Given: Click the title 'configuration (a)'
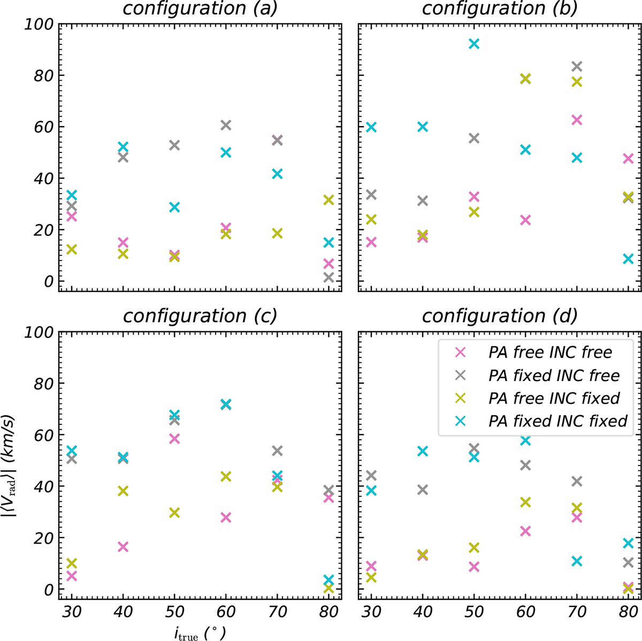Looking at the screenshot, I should click(200, 9).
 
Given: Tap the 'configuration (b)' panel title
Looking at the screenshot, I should click(500, 9).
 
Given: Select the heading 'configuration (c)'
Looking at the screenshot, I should click(200, 316).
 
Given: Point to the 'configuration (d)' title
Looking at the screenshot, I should click(500, 316).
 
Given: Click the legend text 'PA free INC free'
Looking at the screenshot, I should click(550, 352).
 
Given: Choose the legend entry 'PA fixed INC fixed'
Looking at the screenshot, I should click(557, 421).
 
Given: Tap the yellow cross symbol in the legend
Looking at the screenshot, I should click(460, 398).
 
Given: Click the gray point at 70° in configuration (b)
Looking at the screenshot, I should click(577, 66).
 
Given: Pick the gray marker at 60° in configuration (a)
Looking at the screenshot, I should click(226, 125).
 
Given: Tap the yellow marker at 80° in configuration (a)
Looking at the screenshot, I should click(328, 200).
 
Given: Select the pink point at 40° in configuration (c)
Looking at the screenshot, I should click(123, 547).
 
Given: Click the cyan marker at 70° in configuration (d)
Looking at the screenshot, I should click(577, 561).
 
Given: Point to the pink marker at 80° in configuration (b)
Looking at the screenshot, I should click(628, 158).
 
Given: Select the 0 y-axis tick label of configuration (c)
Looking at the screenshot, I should click(48, 589).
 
